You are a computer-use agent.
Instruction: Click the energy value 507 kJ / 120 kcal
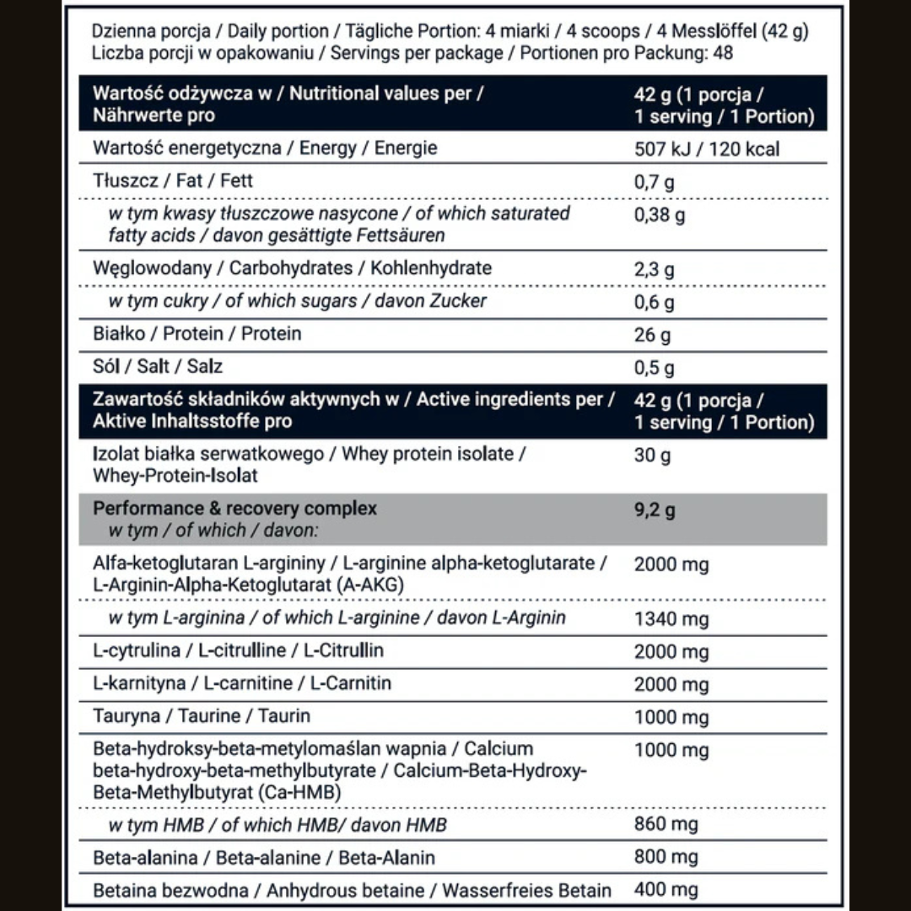707,149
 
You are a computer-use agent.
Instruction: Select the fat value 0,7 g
654,181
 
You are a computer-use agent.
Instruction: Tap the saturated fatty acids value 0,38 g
660,214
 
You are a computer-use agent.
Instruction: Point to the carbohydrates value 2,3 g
654,269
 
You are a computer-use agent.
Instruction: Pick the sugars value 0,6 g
654,302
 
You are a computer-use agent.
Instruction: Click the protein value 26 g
652,335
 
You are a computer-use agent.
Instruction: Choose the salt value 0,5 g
654,368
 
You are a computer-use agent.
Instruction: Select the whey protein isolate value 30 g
652,455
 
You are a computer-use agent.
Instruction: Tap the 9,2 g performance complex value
655,509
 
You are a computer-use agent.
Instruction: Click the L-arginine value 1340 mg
671,619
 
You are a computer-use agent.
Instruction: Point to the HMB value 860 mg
666,824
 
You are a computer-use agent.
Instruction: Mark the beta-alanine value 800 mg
666,857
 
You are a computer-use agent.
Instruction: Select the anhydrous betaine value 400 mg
666,890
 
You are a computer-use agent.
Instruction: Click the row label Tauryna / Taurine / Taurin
202,716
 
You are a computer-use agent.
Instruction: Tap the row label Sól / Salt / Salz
158,367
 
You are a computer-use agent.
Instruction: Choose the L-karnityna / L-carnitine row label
242,683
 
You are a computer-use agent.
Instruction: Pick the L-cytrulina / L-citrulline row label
238,650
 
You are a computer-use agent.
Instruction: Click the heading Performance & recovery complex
234,509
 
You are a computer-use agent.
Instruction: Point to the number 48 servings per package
722,53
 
